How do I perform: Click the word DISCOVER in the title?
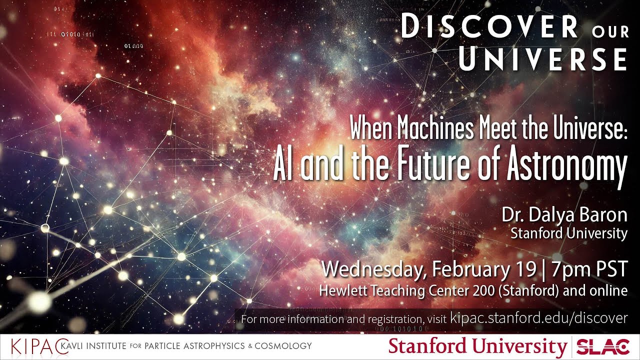click(x=489, y=27)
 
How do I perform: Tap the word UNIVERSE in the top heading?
click(x=543, y=59)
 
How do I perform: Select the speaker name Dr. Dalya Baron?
click(x=564, y=215)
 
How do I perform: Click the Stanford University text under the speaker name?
click(x=568, y=233)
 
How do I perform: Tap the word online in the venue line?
click(x=610, y=290)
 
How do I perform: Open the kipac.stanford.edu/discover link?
click(x=538, y=318)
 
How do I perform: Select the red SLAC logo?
click(x=603, y=346)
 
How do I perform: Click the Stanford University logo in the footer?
click(x=477, y=346)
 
